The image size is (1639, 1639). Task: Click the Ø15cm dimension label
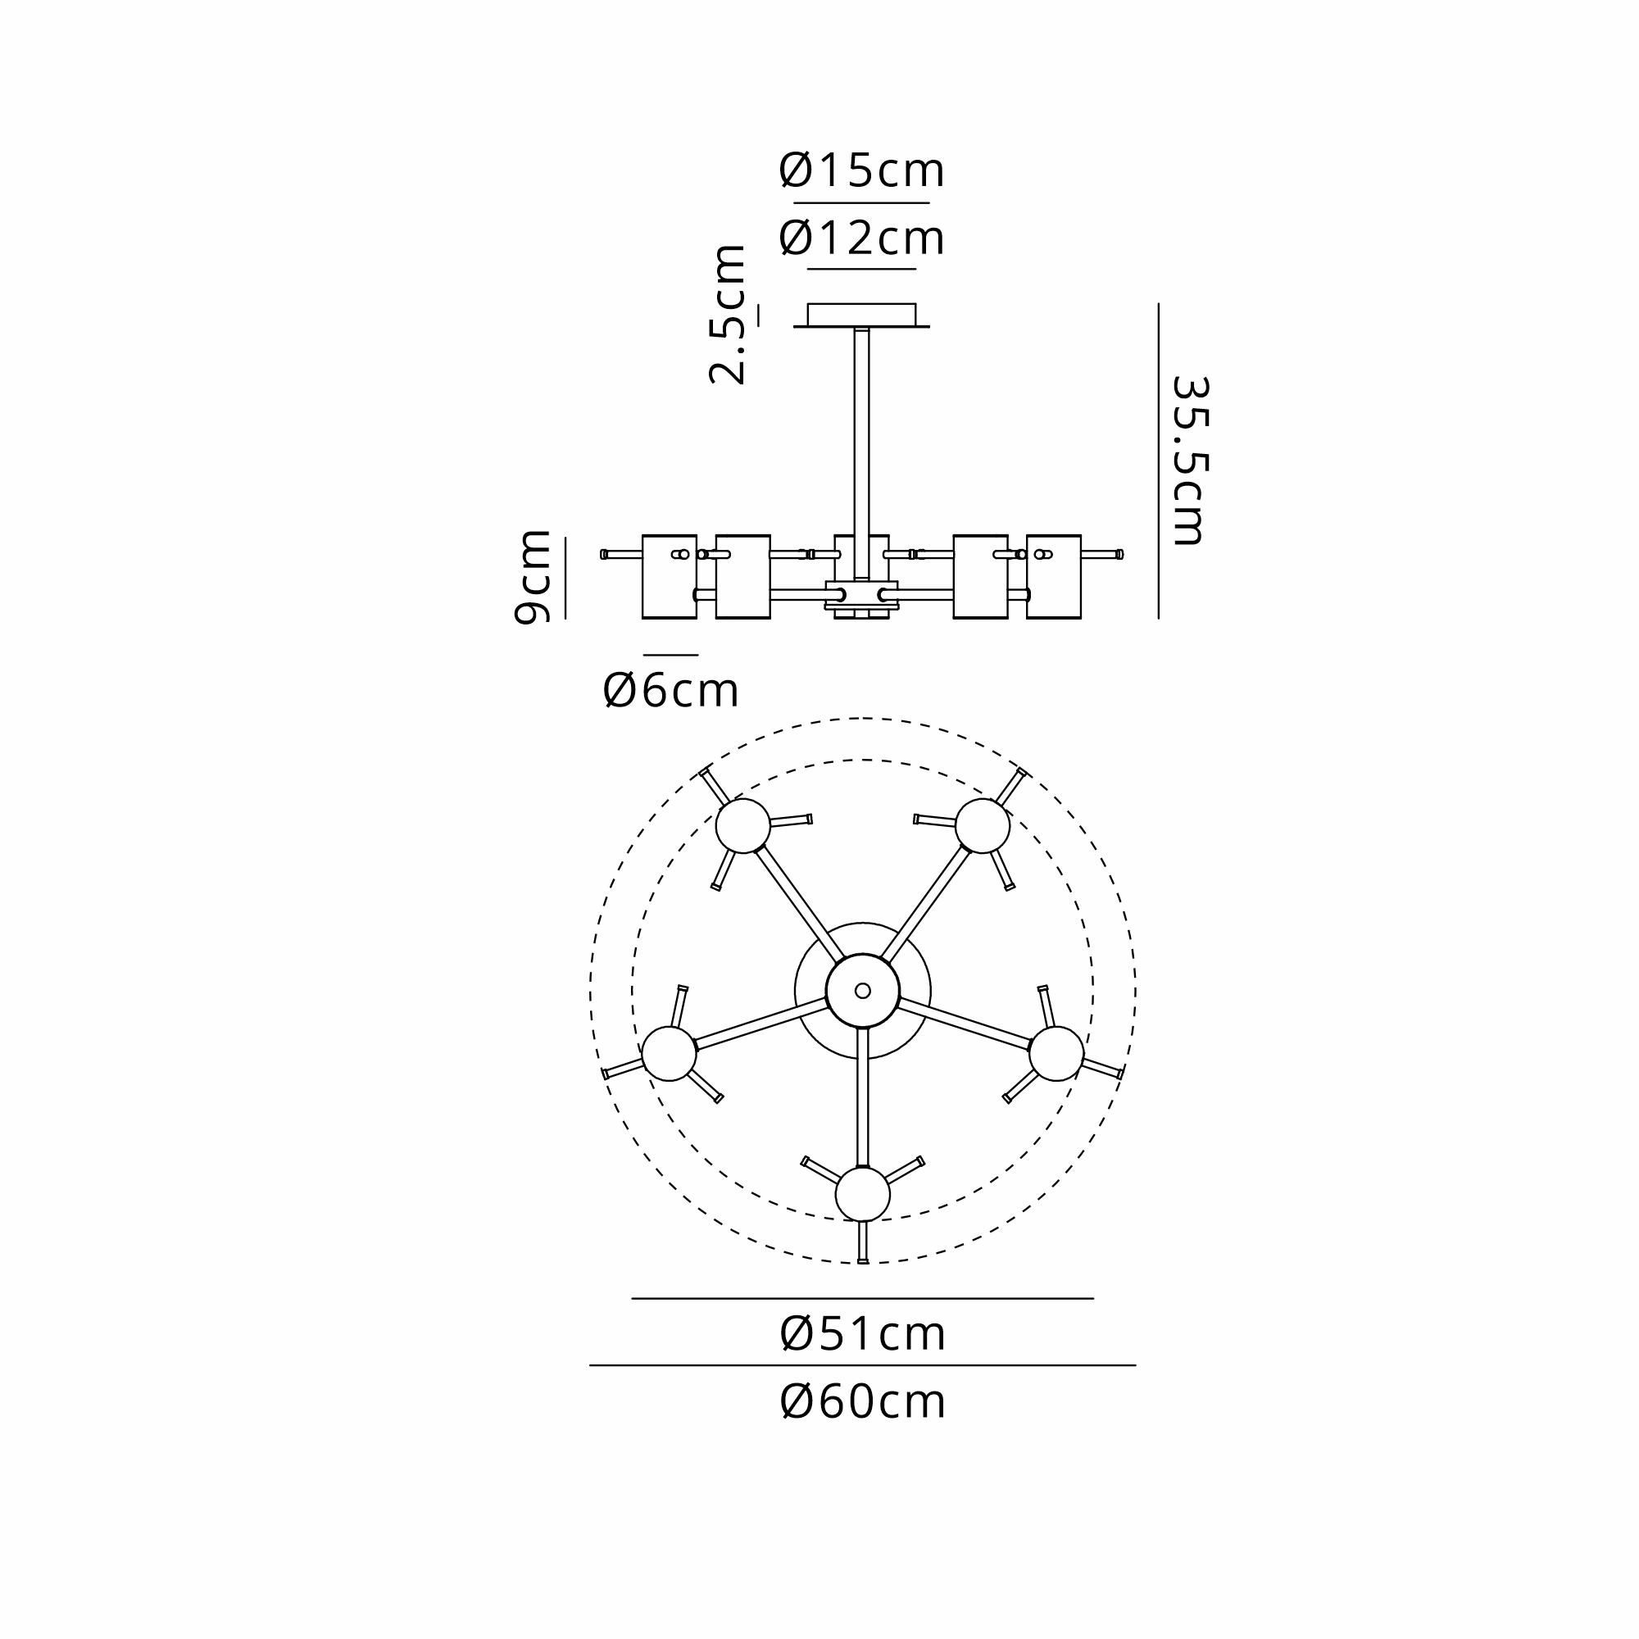coord(861,170)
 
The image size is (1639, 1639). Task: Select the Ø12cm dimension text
coord(861,238)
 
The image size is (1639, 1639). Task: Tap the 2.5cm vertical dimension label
coord(727,315)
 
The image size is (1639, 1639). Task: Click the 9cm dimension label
coord(533,577)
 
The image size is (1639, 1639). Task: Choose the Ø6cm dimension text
coord(670,691)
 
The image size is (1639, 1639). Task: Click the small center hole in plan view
coord(863,990)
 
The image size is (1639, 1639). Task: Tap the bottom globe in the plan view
coord(863,1195)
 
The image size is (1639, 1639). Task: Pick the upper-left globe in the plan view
coord(743,825)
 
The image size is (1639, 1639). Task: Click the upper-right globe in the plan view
coord(983,825)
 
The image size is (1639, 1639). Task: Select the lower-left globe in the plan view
coord(670,1054)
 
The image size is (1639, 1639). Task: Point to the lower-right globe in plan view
coord(1056,1054)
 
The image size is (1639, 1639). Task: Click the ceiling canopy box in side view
coord(861,315)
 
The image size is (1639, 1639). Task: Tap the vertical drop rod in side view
coord(861,454)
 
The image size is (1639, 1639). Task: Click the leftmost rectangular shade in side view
coord(670,577)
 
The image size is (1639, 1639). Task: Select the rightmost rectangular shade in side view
coord(1054,577)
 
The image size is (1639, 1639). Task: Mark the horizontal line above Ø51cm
coord(862,1299)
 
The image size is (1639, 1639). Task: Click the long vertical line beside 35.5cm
coord(1158,461)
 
